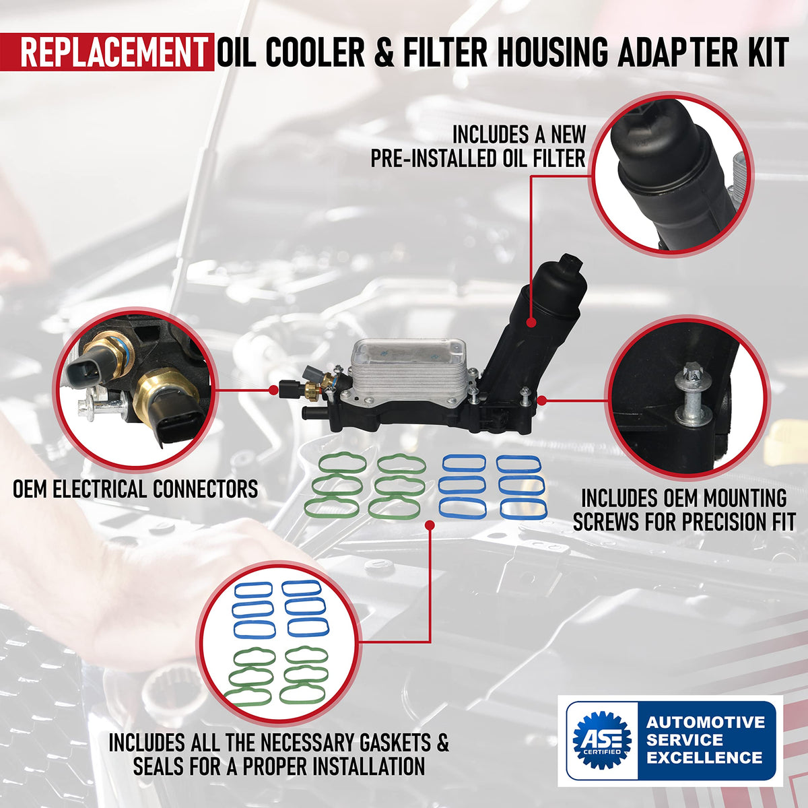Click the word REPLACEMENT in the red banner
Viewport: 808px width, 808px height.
click(114, 53)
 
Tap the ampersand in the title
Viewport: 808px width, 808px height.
click(383, 53)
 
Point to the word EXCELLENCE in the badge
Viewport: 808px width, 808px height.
click(704, 757)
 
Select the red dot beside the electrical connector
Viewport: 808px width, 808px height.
click(273, 390)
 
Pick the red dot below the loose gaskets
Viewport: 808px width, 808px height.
click(430, 525)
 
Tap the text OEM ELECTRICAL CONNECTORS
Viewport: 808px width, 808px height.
click(135, 489)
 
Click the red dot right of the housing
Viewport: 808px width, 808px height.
click(542, 401)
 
